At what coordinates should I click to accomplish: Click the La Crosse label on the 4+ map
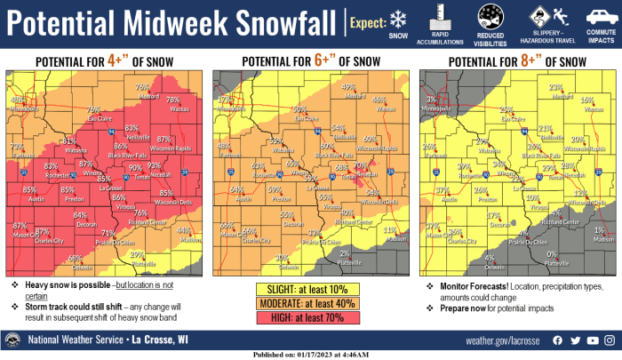(x=110, y=188)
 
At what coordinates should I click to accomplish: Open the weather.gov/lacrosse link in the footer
(x=503, y=340)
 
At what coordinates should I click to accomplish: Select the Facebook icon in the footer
(x=558, y=340)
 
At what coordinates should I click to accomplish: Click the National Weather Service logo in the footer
(x=13, y=340)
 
